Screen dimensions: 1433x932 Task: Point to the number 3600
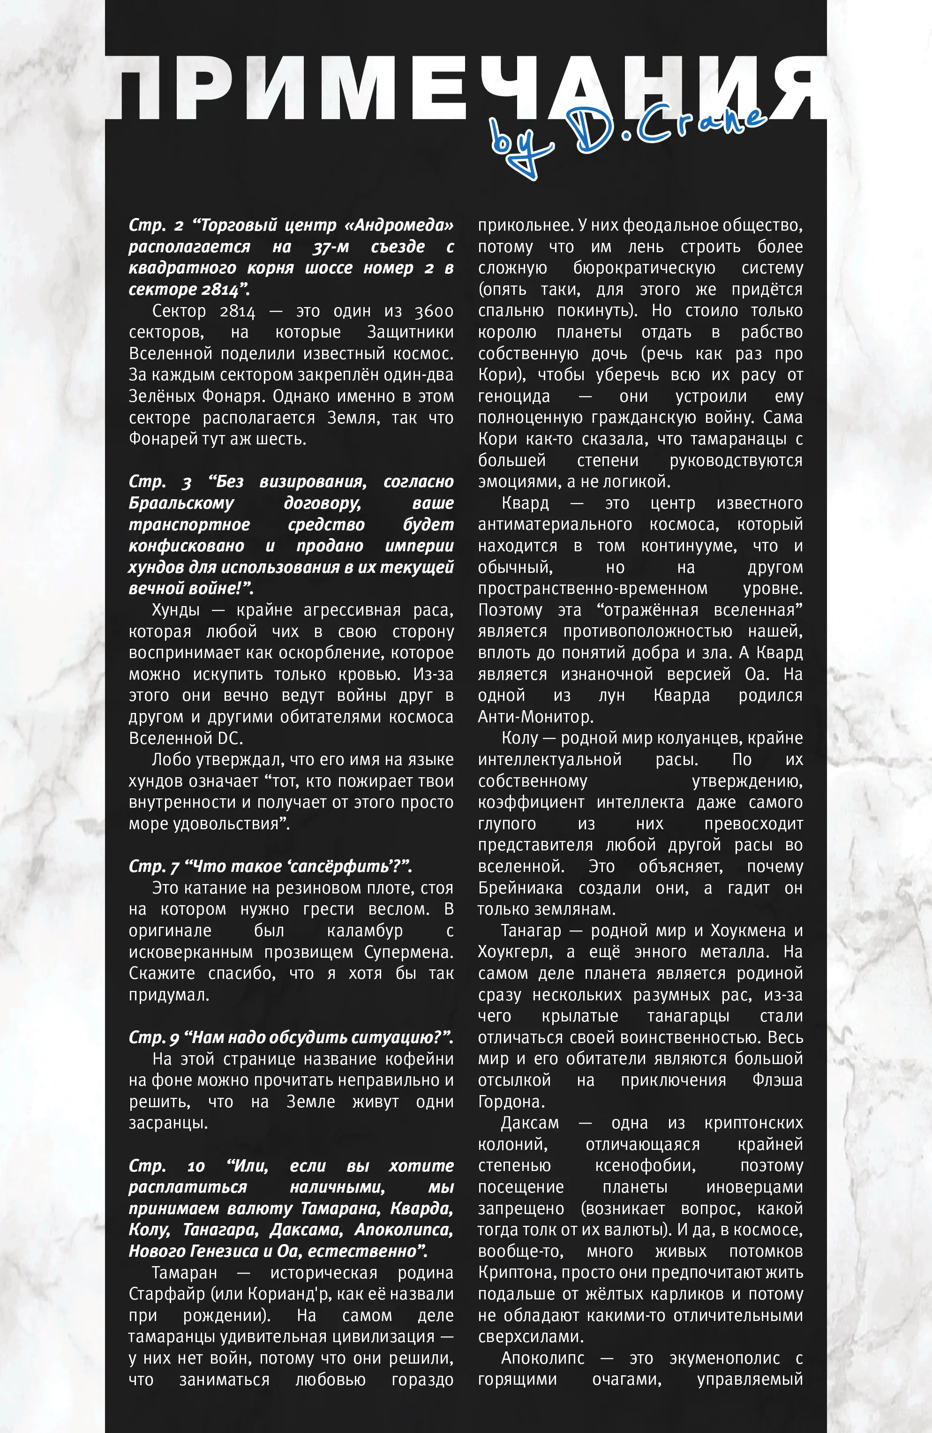434,311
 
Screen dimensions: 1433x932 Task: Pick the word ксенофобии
645,1166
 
